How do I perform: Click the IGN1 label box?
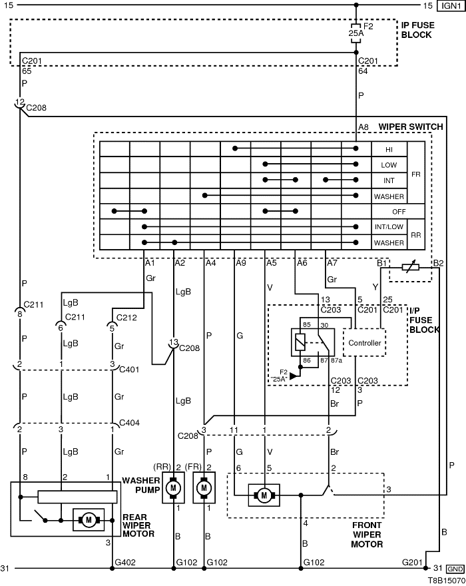pyautogui.click(x=450, y=6)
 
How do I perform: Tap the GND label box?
pyautogui.click(x=455, y=569)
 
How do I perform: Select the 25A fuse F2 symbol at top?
pyautogui.click(x=355, y=31)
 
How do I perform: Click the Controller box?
pyautogui.click(x=365, y=343)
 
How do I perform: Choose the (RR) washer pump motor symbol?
pyautogui.click(x=174, y=489)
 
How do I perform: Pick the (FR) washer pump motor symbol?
pyautogui.click(x=204, y=489)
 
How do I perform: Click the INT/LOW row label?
pyautogui.click(x=389, y=228)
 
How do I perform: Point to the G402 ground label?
pyautogui.click(x=126, y=563)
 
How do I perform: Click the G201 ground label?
pyautogui.click(x=412, y=563)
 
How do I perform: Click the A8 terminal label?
pyautogui.click(x=363, y=127)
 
